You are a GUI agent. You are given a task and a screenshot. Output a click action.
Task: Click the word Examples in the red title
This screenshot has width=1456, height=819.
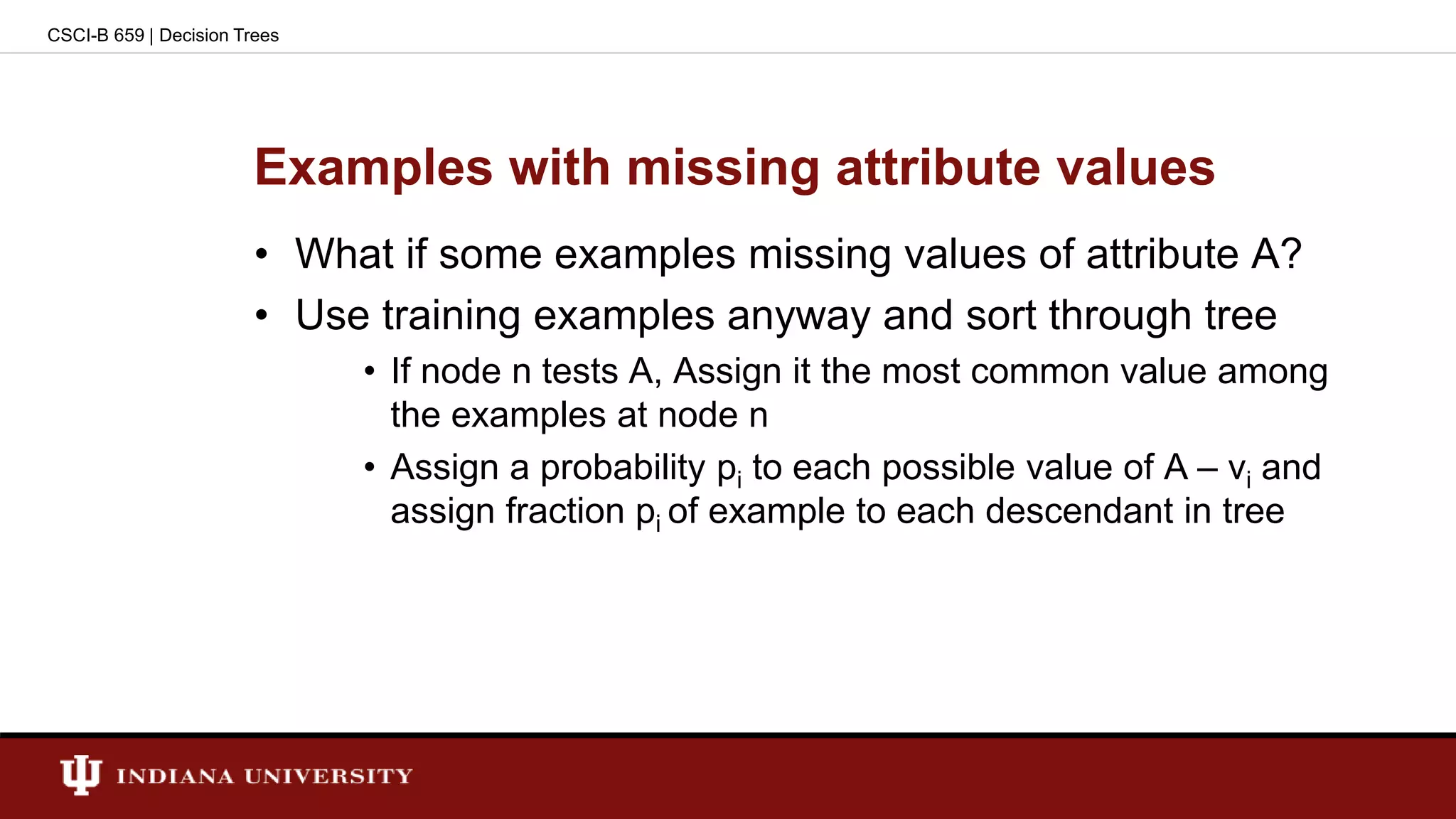(x=373, y=168)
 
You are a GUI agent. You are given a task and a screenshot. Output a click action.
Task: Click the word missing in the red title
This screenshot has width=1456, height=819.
(x=723, y=168)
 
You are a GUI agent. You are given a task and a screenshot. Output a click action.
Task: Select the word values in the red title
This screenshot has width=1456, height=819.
(x=1135, y=168)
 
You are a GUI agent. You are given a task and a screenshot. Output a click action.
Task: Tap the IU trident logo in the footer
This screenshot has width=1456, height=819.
(x=80, y=774)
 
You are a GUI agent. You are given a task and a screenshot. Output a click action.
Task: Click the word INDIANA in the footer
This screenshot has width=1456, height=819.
(x=175, y=776)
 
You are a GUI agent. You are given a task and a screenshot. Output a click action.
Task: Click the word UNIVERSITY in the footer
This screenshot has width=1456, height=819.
(x=328, y=776)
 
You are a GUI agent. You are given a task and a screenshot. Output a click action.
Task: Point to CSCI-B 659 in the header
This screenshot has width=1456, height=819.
(x=95, y=36)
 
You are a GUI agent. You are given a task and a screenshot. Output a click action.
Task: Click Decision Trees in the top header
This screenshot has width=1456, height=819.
(x=219, y=36)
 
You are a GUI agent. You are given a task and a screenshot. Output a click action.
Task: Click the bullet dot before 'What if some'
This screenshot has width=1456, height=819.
(x=262, y=255)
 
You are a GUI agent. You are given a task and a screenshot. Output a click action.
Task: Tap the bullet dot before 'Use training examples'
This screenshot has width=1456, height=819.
(x=262, y=315)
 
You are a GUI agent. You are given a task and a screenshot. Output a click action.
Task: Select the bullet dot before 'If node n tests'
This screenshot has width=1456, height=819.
(x=369, y=371)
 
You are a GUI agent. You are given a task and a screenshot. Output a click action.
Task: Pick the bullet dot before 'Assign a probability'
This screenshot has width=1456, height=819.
(x=369, y=468)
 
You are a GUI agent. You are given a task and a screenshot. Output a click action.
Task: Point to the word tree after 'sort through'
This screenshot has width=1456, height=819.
(x=1241, y=316)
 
